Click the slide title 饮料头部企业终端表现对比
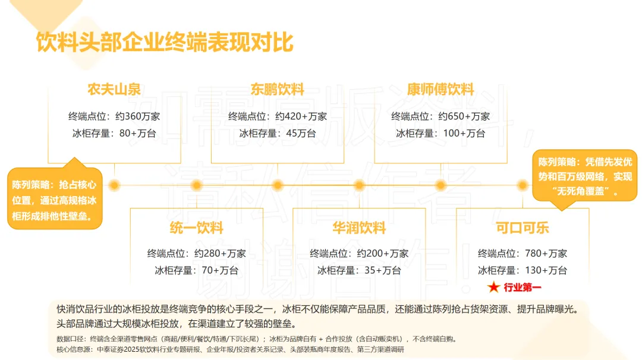pyautogui.click(x=165, y=43)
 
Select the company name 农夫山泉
pyautogui.click(x=114, y=90)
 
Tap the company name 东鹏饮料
pyautogui.click(x=277, y=90)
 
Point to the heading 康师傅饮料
pyautogui.click(x=440, y=90)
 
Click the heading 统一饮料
pyautogui.click(x=196, y=228)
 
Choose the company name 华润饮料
pyautogui.click(x=359, y=228)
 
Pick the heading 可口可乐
pyautogui.click(x=523, y=228)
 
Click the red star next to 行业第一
pyautogui.click(x=493, y=288)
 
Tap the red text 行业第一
pyautogui.click(x=523, y=288)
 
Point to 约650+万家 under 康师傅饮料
pyautogui.click(x=464, y=116)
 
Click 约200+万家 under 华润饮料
pyautogui.click(x=383, y=253)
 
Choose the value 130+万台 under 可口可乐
pyautogui.click(x=546, y=270)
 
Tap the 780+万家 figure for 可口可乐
pyautogui.click(x=546, y=253)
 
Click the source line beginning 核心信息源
pyautogui.click(x=230, y=350)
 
